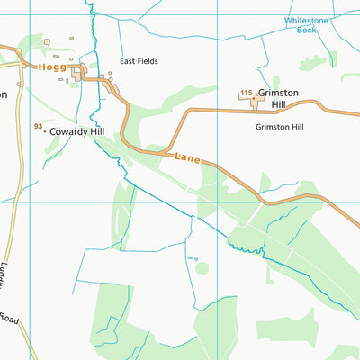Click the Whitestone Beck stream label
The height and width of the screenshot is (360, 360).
(302, 24)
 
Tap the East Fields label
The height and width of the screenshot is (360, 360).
(139, 61)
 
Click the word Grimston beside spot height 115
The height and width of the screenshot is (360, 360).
(277, 94)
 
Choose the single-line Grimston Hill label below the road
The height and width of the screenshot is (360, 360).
(279, 127)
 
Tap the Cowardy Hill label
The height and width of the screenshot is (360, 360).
(78, 131)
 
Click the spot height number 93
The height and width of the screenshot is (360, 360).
(38, 126)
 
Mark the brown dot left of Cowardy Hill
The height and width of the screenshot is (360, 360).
(44, 131)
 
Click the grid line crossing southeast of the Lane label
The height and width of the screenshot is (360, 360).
(217, 202)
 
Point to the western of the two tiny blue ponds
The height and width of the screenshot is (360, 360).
(190, 258)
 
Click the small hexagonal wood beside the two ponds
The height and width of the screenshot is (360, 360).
(201, 268)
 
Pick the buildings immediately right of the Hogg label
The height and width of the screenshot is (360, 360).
(80, 71)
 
